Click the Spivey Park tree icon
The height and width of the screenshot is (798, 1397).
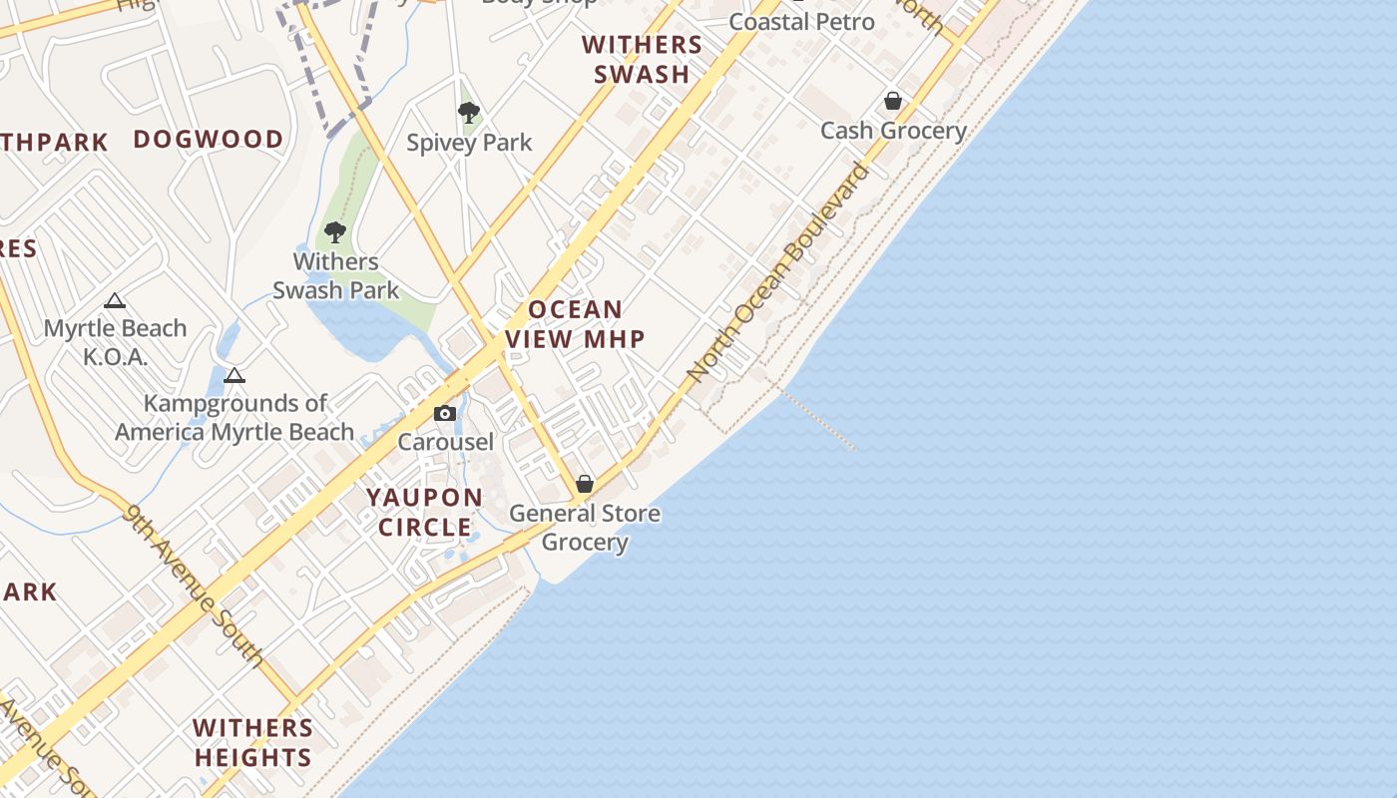coord(468,112)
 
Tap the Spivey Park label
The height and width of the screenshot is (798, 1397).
coord(469,143)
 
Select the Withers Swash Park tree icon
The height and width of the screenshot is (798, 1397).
coord(335,232)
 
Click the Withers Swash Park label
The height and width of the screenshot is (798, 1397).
coord(335,276)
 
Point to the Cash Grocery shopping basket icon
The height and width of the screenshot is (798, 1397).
coord(893,101)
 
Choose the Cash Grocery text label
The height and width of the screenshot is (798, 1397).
coord(893,131)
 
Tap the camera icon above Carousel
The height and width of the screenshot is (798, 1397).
coord(445,413)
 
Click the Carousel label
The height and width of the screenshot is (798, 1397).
coord(445,441)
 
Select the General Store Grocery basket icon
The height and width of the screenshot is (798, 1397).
coord(585,484)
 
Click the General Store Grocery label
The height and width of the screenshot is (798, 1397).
coord(585,528)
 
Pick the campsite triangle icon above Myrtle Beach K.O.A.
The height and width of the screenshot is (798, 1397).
coord(115,300)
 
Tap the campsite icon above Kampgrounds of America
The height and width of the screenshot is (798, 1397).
coord(234,375)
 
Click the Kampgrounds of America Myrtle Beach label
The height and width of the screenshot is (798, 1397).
coord(234,418)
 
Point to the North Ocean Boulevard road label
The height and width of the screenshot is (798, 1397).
coord(778,273)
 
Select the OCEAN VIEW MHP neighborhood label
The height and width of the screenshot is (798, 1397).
coord(576,324)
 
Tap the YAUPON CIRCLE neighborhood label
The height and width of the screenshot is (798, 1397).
coord(424,512)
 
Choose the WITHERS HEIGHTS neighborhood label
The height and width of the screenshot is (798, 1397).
coord(253,743)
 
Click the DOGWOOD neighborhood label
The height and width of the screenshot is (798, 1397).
coord(209,140)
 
